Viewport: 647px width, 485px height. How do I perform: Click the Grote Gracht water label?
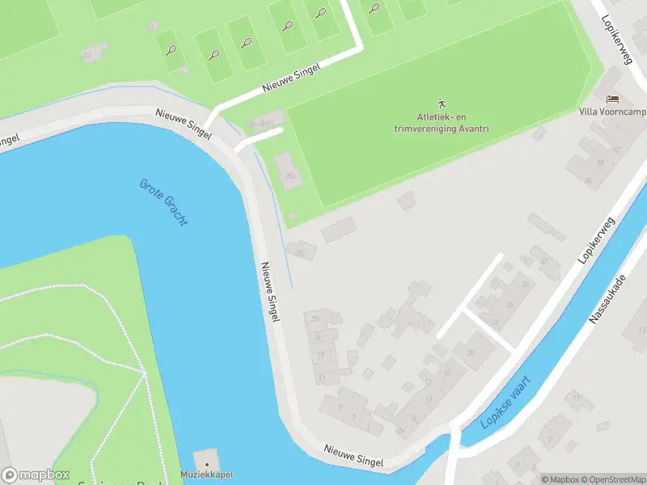pos(163,201)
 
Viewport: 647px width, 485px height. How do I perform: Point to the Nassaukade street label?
pos(608,298)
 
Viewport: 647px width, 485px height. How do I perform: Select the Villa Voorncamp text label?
pos(612,112)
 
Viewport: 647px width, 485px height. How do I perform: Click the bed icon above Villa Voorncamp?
pos(612,99)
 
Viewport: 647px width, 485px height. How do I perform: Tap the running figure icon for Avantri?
pos(442,103)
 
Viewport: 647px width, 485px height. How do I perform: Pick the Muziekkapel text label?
pos(206,474)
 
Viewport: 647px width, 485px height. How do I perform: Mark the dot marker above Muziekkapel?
pos(206,463)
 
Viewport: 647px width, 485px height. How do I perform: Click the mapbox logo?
pos(34,476)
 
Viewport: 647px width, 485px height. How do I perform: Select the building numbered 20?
pos(472,353)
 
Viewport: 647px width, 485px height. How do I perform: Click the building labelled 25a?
pos(290,175)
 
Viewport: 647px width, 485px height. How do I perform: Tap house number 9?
pos(340,407)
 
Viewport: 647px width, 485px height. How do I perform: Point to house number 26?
pos(510,304)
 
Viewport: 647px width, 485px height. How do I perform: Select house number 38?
pos(600,163)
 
